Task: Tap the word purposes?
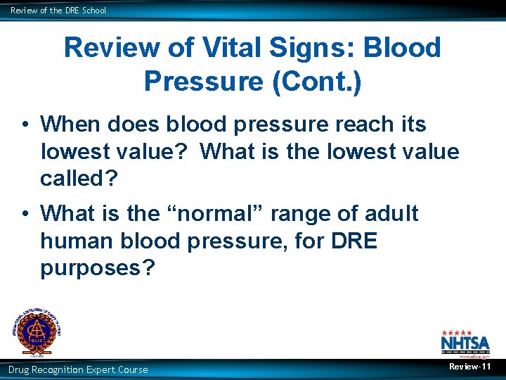pyautogui.click(x=97, y=268)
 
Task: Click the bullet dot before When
pyautogui.click(x=24, y=125)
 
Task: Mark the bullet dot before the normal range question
pyautogui.click(x=24, y=214)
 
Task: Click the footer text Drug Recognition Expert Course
pyautogui.click(x=78, y=369)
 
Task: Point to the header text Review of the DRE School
pyautogui.click(x=58, y=10)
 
